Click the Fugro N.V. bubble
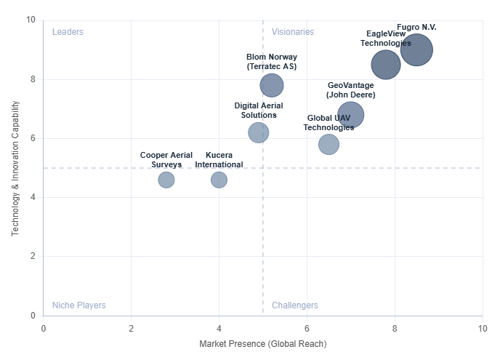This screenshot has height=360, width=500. (416, 49)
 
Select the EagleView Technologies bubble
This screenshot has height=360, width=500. (386, 64)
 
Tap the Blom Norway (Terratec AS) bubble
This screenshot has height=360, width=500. (272, 85)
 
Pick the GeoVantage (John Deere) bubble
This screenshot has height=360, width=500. (350, 114)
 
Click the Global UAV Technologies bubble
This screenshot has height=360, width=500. (328, 144)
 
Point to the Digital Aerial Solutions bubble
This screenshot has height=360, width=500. (259, 132)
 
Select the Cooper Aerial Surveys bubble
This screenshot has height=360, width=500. (166, 180)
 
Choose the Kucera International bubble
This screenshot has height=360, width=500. (219, 180)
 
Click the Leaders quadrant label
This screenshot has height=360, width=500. (68, 32)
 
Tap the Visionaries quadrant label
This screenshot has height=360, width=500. (293, 32)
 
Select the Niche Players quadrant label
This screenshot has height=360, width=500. (78, 305)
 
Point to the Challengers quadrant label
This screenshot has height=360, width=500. (295, 305)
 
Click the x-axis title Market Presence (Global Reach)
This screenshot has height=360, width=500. (263, 344)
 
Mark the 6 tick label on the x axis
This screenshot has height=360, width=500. (307, 328)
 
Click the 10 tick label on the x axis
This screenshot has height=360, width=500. (483, 328)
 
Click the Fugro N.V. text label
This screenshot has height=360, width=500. (417, 27)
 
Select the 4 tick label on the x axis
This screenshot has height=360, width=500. (219, 328)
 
